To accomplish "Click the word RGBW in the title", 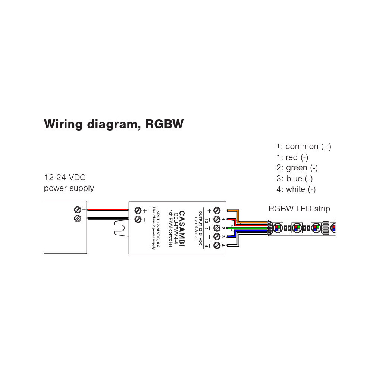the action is [x=164, y=124].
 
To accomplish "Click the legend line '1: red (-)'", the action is [x=292, y=157].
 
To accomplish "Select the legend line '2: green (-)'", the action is [x=297, y=168].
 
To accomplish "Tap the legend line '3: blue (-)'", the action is [x=295, y=179].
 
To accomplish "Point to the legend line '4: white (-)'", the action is [x=296, y=189].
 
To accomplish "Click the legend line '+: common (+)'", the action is [x=304, y=147].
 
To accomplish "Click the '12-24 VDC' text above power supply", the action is [x=65, y=177].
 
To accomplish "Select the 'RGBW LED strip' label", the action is [x=299, y=209].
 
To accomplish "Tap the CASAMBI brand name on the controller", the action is [x=182, y=228].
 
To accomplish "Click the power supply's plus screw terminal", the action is [x=78, y=210].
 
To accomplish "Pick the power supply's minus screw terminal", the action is [x=78, y=218].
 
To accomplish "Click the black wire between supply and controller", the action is [x=108, y=219].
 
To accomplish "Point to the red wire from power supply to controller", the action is [x=108, y=210].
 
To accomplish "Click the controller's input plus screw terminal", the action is [x=138, y=210].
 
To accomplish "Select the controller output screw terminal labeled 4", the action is [x=217, y=245].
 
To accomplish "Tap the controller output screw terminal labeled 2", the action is [x=217, y=228].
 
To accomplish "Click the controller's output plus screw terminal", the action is [x=217, y=210].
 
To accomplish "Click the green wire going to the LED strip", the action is [x=247, y=228].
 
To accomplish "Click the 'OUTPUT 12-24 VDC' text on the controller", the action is [x=200, y=228].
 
